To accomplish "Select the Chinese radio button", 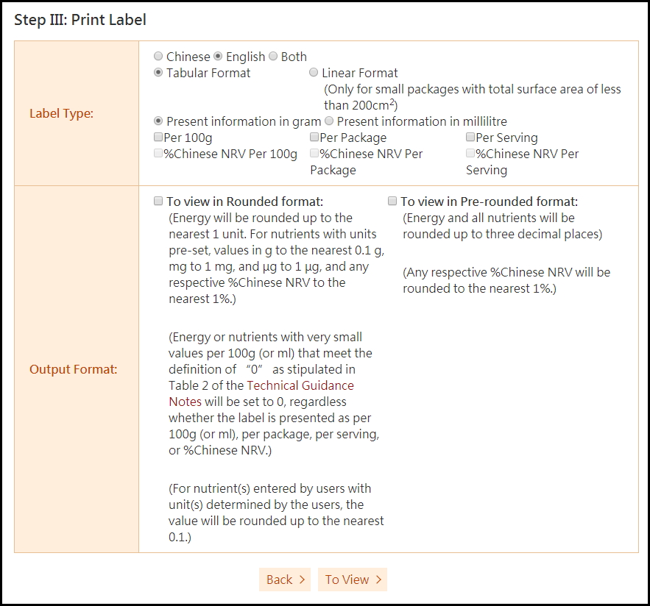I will point(158,57).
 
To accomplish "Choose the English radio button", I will point(218,57).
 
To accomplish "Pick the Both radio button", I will point(273,57).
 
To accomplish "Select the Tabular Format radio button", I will point(158,73).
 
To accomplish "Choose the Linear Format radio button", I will point(314,73).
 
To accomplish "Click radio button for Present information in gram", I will point(158,121).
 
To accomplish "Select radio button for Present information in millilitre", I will point(329,121).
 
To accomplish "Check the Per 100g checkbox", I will point(158,138).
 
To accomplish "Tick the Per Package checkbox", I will point(314,138).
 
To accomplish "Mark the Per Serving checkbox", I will point(470,138).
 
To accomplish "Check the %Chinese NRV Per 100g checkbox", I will point(158,154).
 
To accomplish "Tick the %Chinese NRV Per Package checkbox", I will point(314,154).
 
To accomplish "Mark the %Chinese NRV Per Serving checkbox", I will point(470,154).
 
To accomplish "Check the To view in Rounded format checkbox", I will point(158,202).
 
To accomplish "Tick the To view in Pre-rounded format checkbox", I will point(392,202).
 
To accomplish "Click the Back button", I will point(285,580).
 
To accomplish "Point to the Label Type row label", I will point(62,113).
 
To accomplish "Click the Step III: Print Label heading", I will point(80,20).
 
